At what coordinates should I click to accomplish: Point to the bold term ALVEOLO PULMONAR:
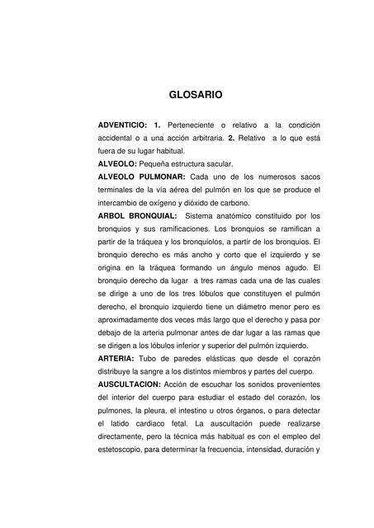tap(141, 177)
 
